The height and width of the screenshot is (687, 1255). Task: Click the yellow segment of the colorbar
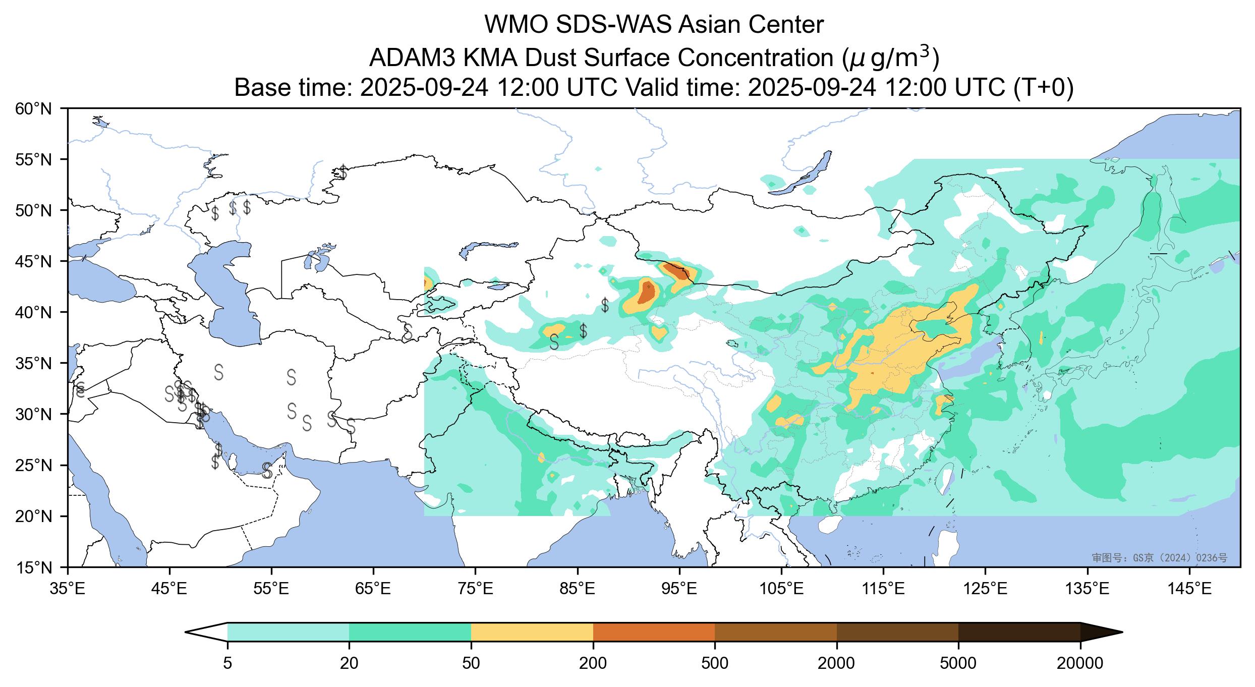[x=532, y=632]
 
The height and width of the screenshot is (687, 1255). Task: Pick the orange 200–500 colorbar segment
[x=654, y=632]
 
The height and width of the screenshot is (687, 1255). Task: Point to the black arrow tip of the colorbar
[x=1122, y=632]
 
